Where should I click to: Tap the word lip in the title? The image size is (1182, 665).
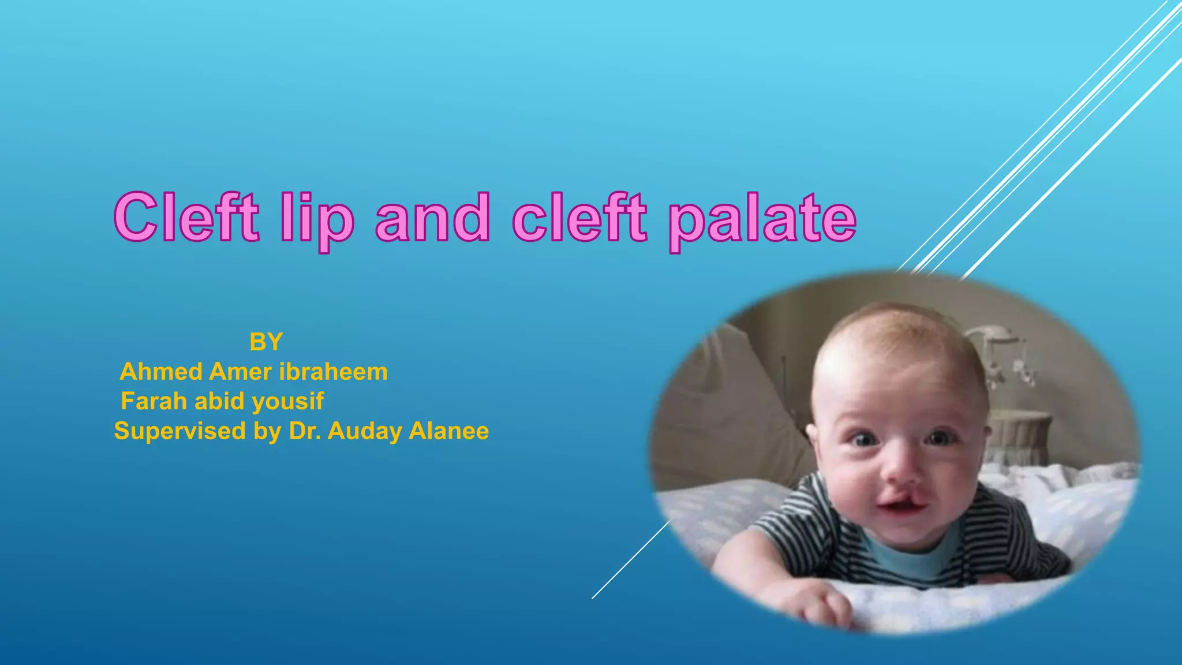(x=316, y=219)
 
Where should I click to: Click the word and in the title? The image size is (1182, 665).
(x=433, y=218)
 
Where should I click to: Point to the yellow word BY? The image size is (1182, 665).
(x=266, y=342)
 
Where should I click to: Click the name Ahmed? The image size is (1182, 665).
(x=161, y=372)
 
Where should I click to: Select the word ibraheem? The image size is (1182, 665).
(x=333, y=372)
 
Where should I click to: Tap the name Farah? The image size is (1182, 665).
(x=154, y=401)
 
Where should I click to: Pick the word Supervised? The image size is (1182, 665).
(x=180, y=431)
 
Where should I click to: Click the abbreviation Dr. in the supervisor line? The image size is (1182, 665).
(x=304, y=431)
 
